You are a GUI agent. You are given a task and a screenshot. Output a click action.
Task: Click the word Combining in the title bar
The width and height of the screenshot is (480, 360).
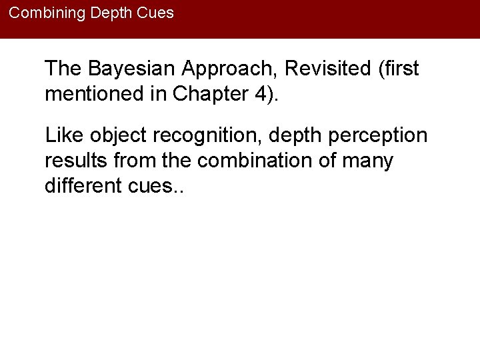tap(42, 13)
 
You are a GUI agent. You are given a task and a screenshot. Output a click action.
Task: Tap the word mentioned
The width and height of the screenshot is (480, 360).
tap(93, 93)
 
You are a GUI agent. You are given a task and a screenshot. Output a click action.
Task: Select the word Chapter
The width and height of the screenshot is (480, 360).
tap(199, 94)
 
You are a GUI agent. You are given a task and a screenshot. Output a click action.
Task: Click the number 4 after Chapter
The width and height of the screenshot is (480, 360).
tap(258, 93)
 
